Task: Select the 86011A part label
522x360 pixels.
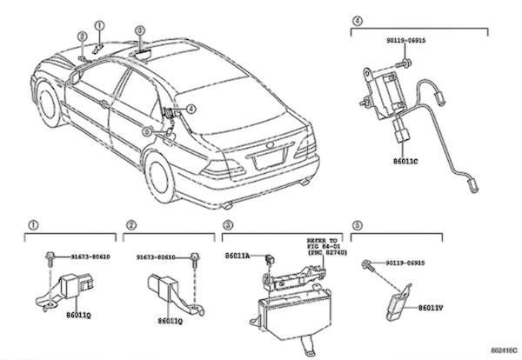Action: [237, 256]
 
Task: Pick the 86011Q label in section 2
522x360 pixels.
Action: [170, 321]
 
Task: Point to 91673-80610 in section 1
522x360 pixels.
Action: [91, 257]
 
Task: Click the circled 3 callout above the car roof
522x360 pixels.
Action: [140, 30]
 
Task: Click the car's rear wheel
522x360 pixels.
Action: [163, 177]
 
